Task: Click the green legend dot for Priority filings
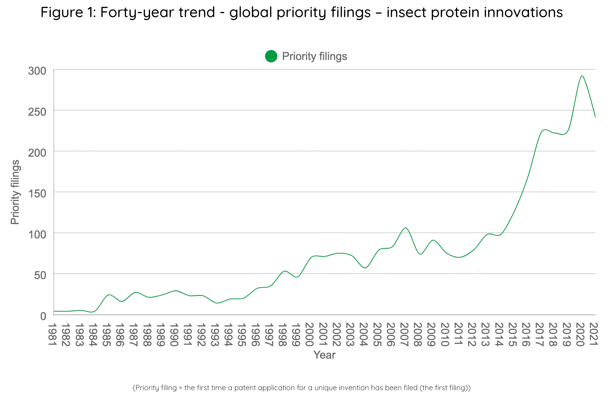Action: (271, 56)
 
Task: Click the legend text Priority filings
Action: (314, 56)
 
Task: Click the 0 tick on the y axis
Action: (43, 316)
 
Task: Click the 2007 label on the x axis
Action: (405, 334)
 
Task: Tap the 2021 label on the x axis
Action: (594, 334)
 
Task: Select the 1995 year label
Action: (243, 334)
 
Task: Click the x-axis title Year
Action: (324, 355)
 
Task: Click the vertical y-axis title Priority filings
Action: (15, 192)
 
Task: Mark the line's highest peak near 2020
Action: (582, 76)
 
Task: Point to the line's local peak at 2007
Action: (405, 228)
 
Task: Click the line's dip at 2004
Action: (365, 268)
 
